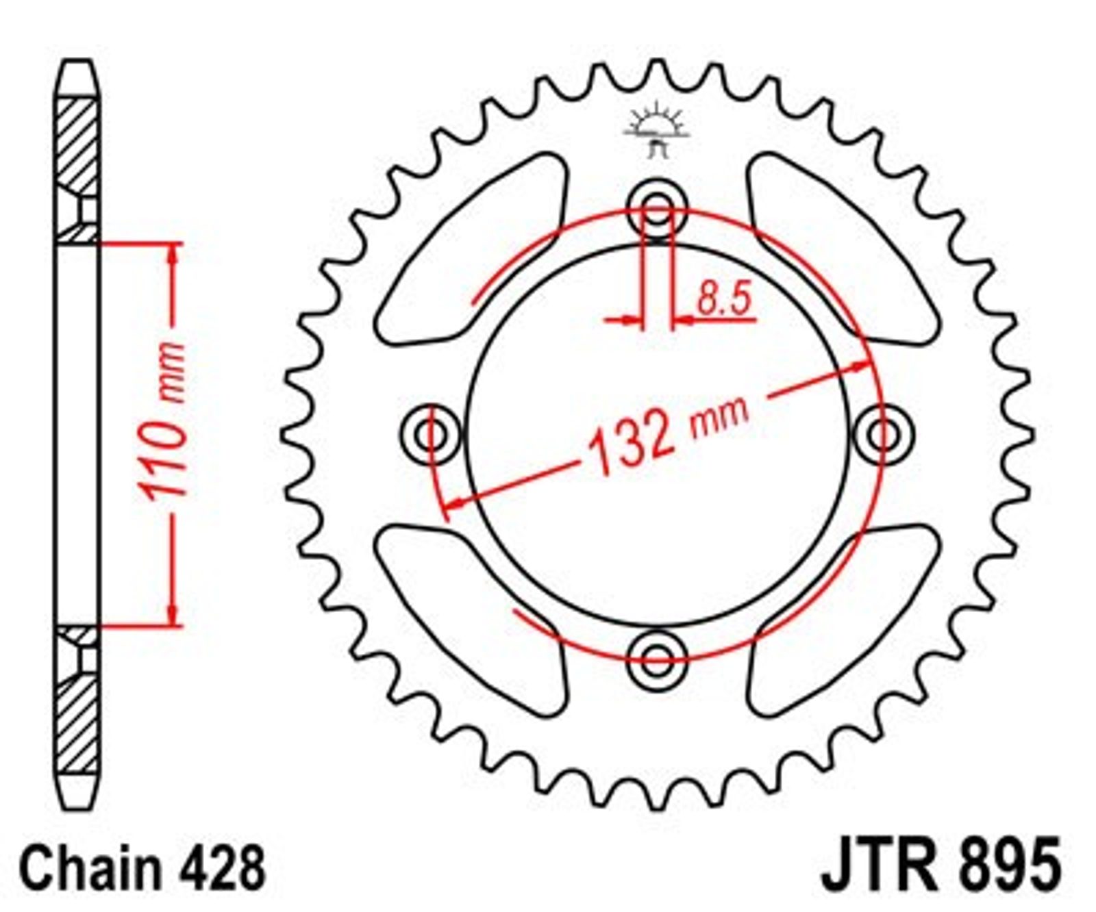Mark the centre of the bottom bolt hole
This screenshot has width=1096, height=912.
(x=657, y=659)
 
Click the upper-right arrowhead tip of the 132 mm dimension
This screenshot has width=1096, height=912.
(x=871, y=364)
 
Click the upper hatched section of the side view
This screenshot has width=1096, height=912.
(x=76, y=171)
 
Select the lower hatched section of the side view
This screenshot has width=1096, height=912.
(x=76, y=699)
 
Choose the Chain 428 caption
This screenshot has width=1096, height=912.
(x=142, y=867)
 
